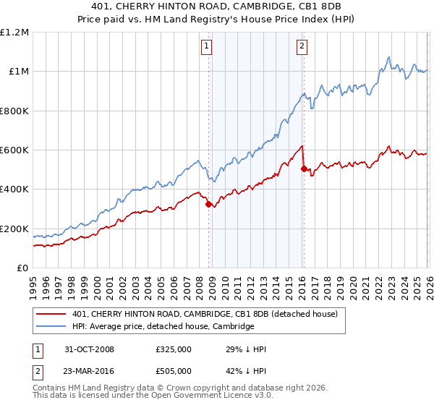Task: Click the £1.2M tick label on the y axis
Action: [x=14, y=32]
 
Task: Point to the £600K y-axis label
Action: [x=14, y=150]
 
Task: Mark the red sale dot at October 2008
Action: [x=209, y=204]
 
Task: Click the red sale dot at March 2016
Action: [x=304, y=169]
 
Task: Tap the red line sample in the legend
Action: [x=53, y=314]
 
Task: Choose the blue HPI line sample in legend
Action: [x=53, y=326]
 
